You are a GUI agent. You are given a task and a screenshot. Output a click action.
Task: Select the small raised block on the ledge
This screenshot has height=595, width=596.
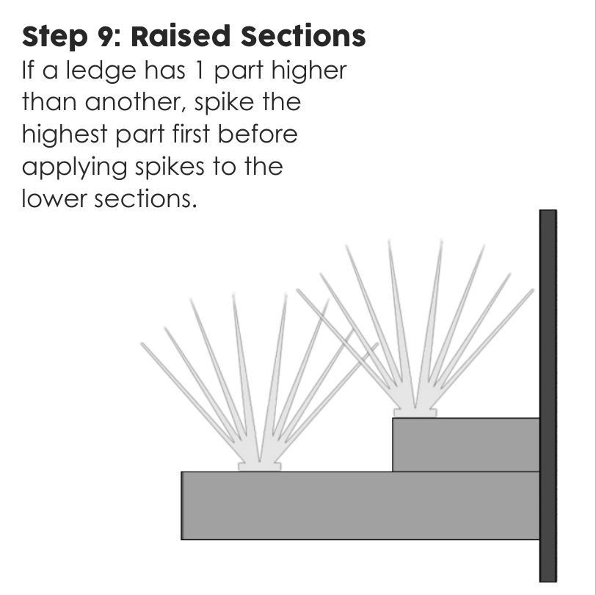(x=465, y=444)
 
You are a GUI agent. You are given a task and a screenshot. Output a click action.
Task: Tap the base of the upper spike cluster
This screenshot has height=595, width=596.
(x=415, y=412)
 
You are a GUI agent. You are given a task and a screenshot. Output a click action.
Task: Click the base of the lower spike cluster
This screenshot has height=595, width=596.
(x=259, y=466)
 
